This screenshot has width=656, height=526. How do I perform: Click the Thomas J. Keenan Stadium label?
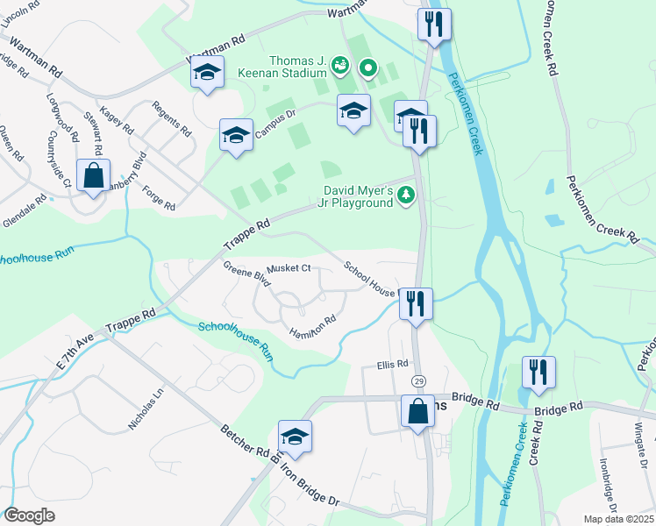pos(286,67)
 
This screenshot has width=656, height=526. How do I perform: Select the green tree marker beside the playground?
pos(406,196)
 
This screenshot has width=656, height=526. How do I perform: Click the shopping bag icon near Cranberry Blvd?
pos(93,175)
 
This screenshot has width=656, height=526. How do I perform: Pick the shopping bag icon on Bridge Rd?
pos(417,411)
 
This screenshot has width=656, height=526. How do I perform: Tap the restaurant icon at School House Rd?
pos(416,304)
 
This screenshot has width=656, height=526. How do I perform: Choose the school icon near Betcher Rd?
pos(296,437)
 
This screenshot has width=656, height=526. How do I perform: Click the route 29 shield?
pos(419,380)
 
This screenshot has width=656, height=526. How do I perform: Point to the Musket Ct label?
pos(289,268)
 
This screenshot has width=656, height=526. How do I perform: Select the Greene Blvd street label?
pos(245,273)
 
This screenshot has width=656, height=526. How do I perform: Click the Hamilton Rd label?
pos(313,328)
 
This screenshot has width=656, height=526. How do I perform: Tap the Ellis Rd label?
pos(393,364)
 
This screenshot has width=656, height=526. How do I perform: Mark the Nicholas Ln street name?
pos(146,409)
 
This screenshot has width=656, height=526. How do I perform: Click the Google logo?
pos(29,515)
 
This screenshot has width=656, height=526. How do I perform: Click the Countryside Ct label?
pos(59,159)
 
